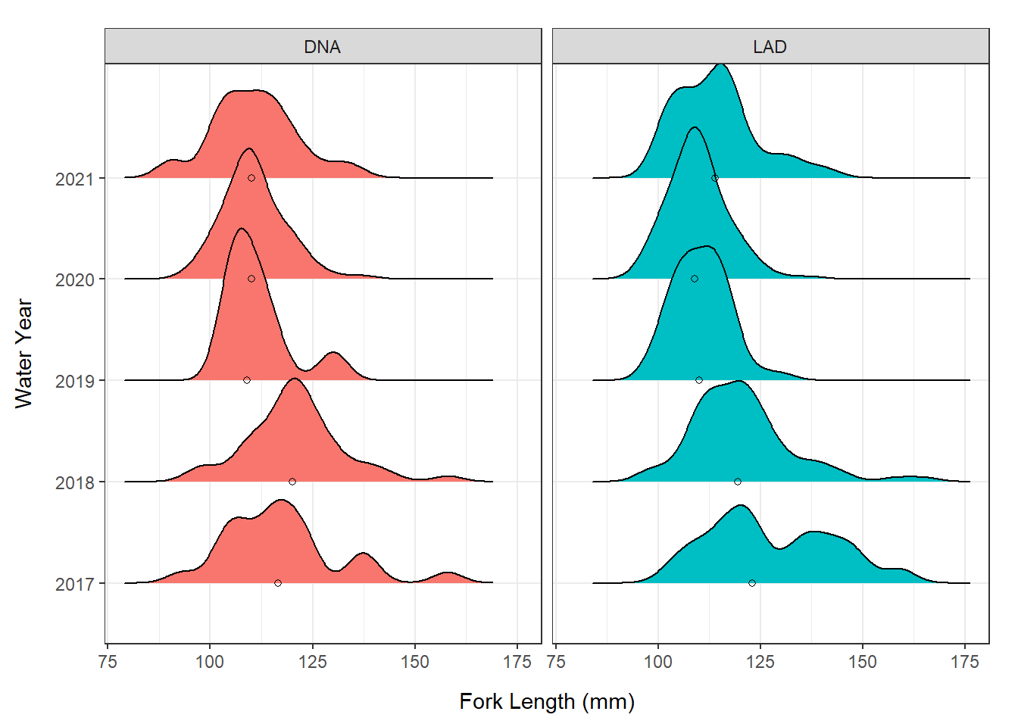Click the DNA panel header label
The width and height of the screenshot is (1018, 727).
pyautogui.click(x=322, y=47)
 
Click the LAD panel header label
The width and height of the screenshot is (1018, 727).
pyautogui.click(x=770, y=47)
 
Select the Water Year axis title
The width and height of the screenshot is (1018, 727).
pyautogui.click(x=23, y=354)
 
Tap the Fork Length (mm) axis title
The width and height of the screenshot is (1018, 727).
pyautogui.click(x=547, y=701)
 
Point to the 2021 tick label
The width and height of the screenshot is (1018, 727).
pyautogui.click(x=74, y=179)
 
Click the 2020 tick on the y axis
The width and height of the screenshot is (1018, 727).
pyautogui.click(x=74, y=279)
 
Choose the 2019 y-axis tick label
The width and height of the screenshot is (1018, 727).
pyautogui.click(x=74, y=381)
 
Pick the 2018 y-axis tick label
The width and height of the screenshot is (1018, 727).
pyautogui.click(x=74, y=482)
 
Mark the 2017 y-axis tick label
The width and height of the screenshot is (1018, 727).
pyautogui.click(x=74, y=584)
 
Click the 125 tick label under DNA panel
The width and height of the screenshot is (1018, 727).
pyautogui.click(x=312, y=662)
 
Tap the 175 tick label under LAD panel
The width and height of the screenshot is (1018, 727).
pyautogui.click(x=964, y=662)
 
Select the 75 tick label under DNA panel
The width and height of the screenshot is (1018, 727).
pyautogui.click(x=108, y=662)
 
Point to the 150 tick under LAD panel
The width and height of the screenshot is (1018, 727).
pyautogui.click(x=862, y=662)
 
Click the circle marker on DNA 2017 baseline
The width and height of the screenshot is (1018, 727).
pyautogui.click(x=278, y=583)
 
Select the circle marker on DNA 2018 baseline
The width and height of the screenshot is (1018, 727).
pyautogui.click(x=292, y=482)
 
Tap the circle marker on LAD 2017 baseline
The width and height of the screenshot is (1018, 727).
pyautogui.click(x=752, y=583)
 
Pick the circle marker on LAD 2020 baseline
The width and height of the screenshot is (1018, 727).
pyautogui.click(x=695, y=279)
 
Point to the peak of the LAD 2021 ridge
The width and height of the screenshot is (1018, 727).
pyautogui.click(x=721, y=66)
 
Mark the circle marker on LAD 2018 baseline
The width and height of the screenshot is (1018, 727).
pyautogui.click(x=738, y=482)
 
